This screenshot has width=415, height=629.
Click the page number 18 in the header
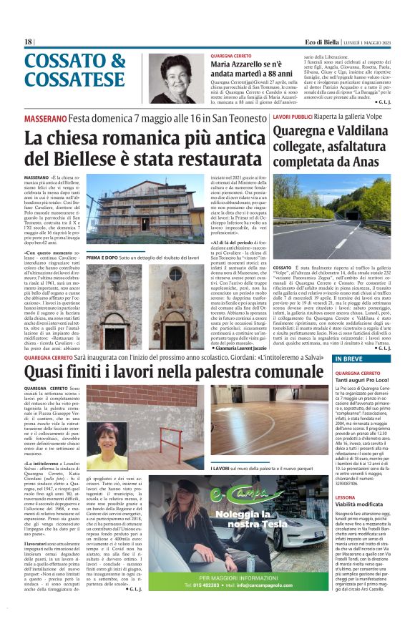pyautogui.click(x=29, y=42)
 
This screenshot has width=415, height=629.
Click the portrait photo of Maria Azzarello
pyautogui.click(x=178, y=78)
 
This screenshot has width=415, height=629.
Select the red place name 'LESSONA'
pyautogui.click(x=345, y=517)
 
